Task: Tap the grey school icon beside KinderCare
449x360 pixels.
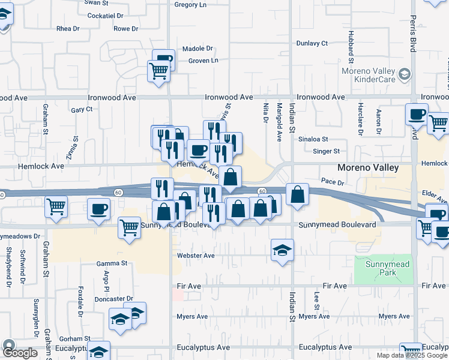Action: tap(405, 74)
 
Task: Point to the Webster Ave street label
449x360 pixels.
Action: tap(196, 255)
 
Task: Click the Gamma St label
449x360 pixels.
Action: tap(112, 263)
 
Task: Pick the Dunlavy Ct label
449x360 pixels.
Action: tap(312, 43)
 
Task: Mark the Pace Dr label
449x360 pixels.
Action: tap(332, 181)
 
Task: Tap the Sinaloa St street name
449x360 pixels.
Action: tap(313, 139)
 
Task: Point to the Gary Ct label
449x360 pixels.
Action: tap(82, 110)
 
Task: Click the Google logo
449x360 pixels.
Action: tap(20, 353)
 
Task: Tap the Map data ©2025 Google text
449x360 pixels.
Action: tap(412, 355)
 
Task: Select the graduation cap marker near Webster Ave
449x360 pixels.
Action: tap(282, 250)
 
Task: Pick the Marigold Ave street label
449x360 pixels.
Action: tap(279, 122)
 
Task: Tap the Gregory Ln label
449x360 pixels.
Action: tap(190, 4)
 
